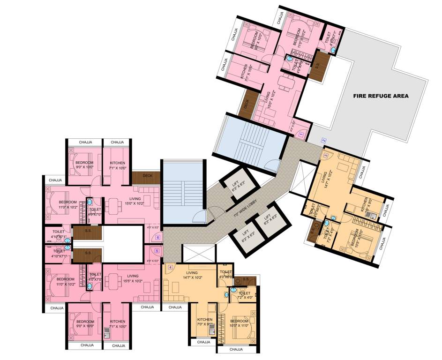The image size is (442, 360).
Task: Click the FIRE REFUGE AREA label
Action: [381, 96]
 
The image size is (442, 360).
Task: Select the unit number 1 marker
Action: [300, 135]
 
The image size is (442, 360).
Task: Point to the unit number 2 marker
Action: [323, 140]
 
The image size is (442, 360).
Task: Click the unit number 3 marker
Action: [326, 156]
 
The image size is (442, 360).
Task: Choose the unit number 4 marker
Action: [171, 268]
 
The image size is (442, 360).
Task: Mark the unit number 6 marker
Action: [157, 238]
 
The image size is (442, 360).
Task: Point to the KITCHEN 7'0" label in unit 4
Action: [205, 322]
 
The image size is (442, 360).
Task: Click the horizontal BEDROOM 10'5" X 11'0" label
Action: [239, 323]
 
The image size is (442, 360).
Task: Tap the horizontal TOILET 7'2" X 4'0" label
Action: [244, 296]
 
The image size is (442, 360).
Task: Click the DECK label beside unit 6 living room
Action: [147, 176]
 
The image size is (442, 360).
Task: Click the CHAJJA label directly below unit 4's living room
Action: [175, 307]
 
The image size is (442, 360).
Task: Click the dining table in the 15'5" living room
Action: [113, 283]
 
